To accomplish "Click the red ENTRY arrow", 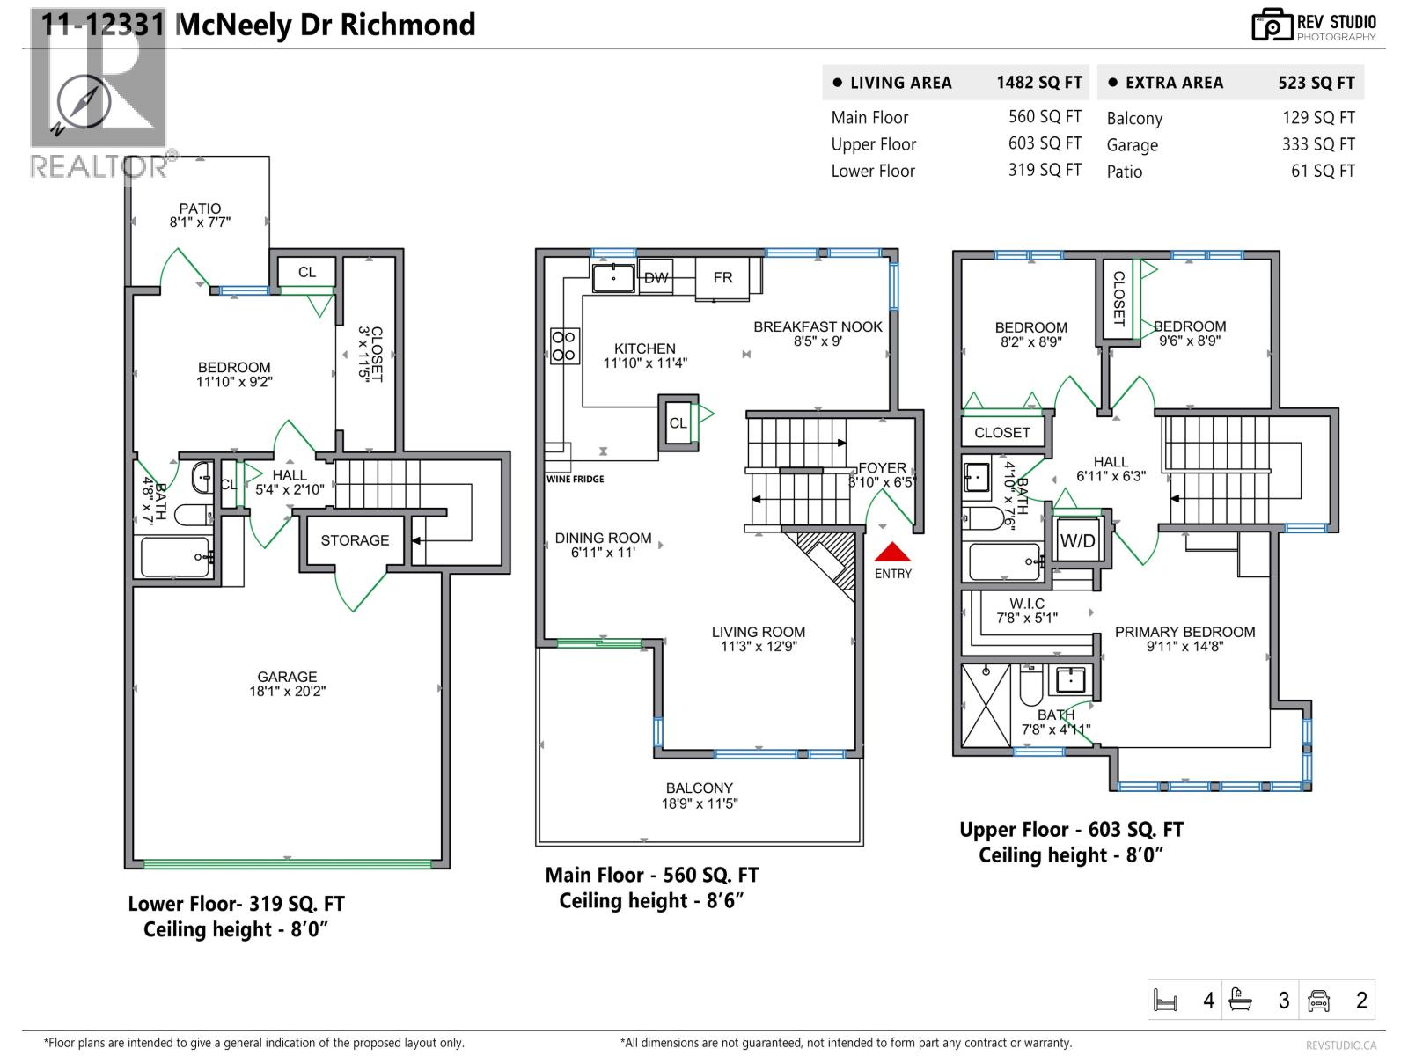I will point(892,553).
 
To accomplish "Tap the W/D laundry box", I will point(1077,540).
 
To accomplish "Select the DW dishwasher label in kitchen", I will point(656,278).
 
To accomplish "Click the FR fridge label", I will point(722,278).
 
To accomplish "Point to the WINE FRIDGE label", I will point(576,480).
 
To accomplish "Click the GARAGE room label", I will point(287,677).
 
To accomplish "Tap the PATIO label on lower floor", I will point(200,209).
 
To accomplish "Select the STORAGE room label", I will point(355,540).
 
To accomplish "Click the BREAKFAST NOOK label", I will point(818,326).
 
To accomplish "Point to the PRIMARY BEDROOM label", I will point(1184,632).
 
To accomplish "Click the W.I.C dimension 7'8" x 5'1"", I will point(1027,618).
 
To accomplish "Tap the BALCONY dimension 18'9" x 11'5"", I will point(700,803).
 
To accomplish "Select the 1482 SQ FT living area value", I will point(1038,83).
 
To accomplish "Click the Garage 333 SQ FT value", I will point(1317,144).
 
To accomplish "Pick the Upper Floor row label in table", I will point(873,144).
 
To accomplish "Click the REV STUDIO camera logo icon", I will point(1272,26).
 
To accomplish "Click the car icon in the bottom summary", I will point(1318,1001).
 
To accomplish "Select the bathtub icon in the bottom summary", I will point(1241,1001).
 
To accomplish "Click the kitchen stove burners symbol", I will point(564,346).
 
